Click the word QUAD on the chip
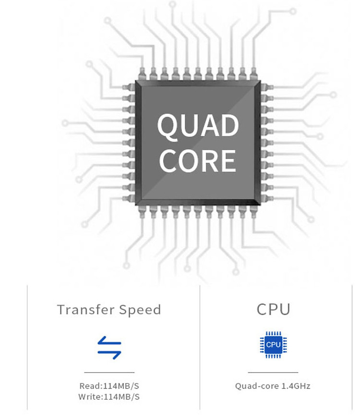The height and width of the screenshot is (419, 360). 198,126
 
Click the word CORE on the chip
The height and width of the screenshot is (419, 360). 198,160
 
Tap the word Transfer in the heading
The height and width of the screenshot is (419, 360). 84,310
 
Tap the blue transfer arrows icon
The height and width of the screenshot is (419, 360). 109,347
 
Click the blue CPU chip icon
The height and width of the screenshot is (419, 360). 273,345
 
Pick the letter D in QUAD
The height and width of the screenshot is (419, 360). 228,126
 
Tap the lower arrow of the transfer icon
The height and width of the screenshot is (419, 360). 109,354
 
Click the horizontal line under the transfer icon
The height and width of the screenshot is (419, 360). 109,372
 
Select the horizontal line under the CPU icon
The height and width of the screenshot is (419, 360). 273,372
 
